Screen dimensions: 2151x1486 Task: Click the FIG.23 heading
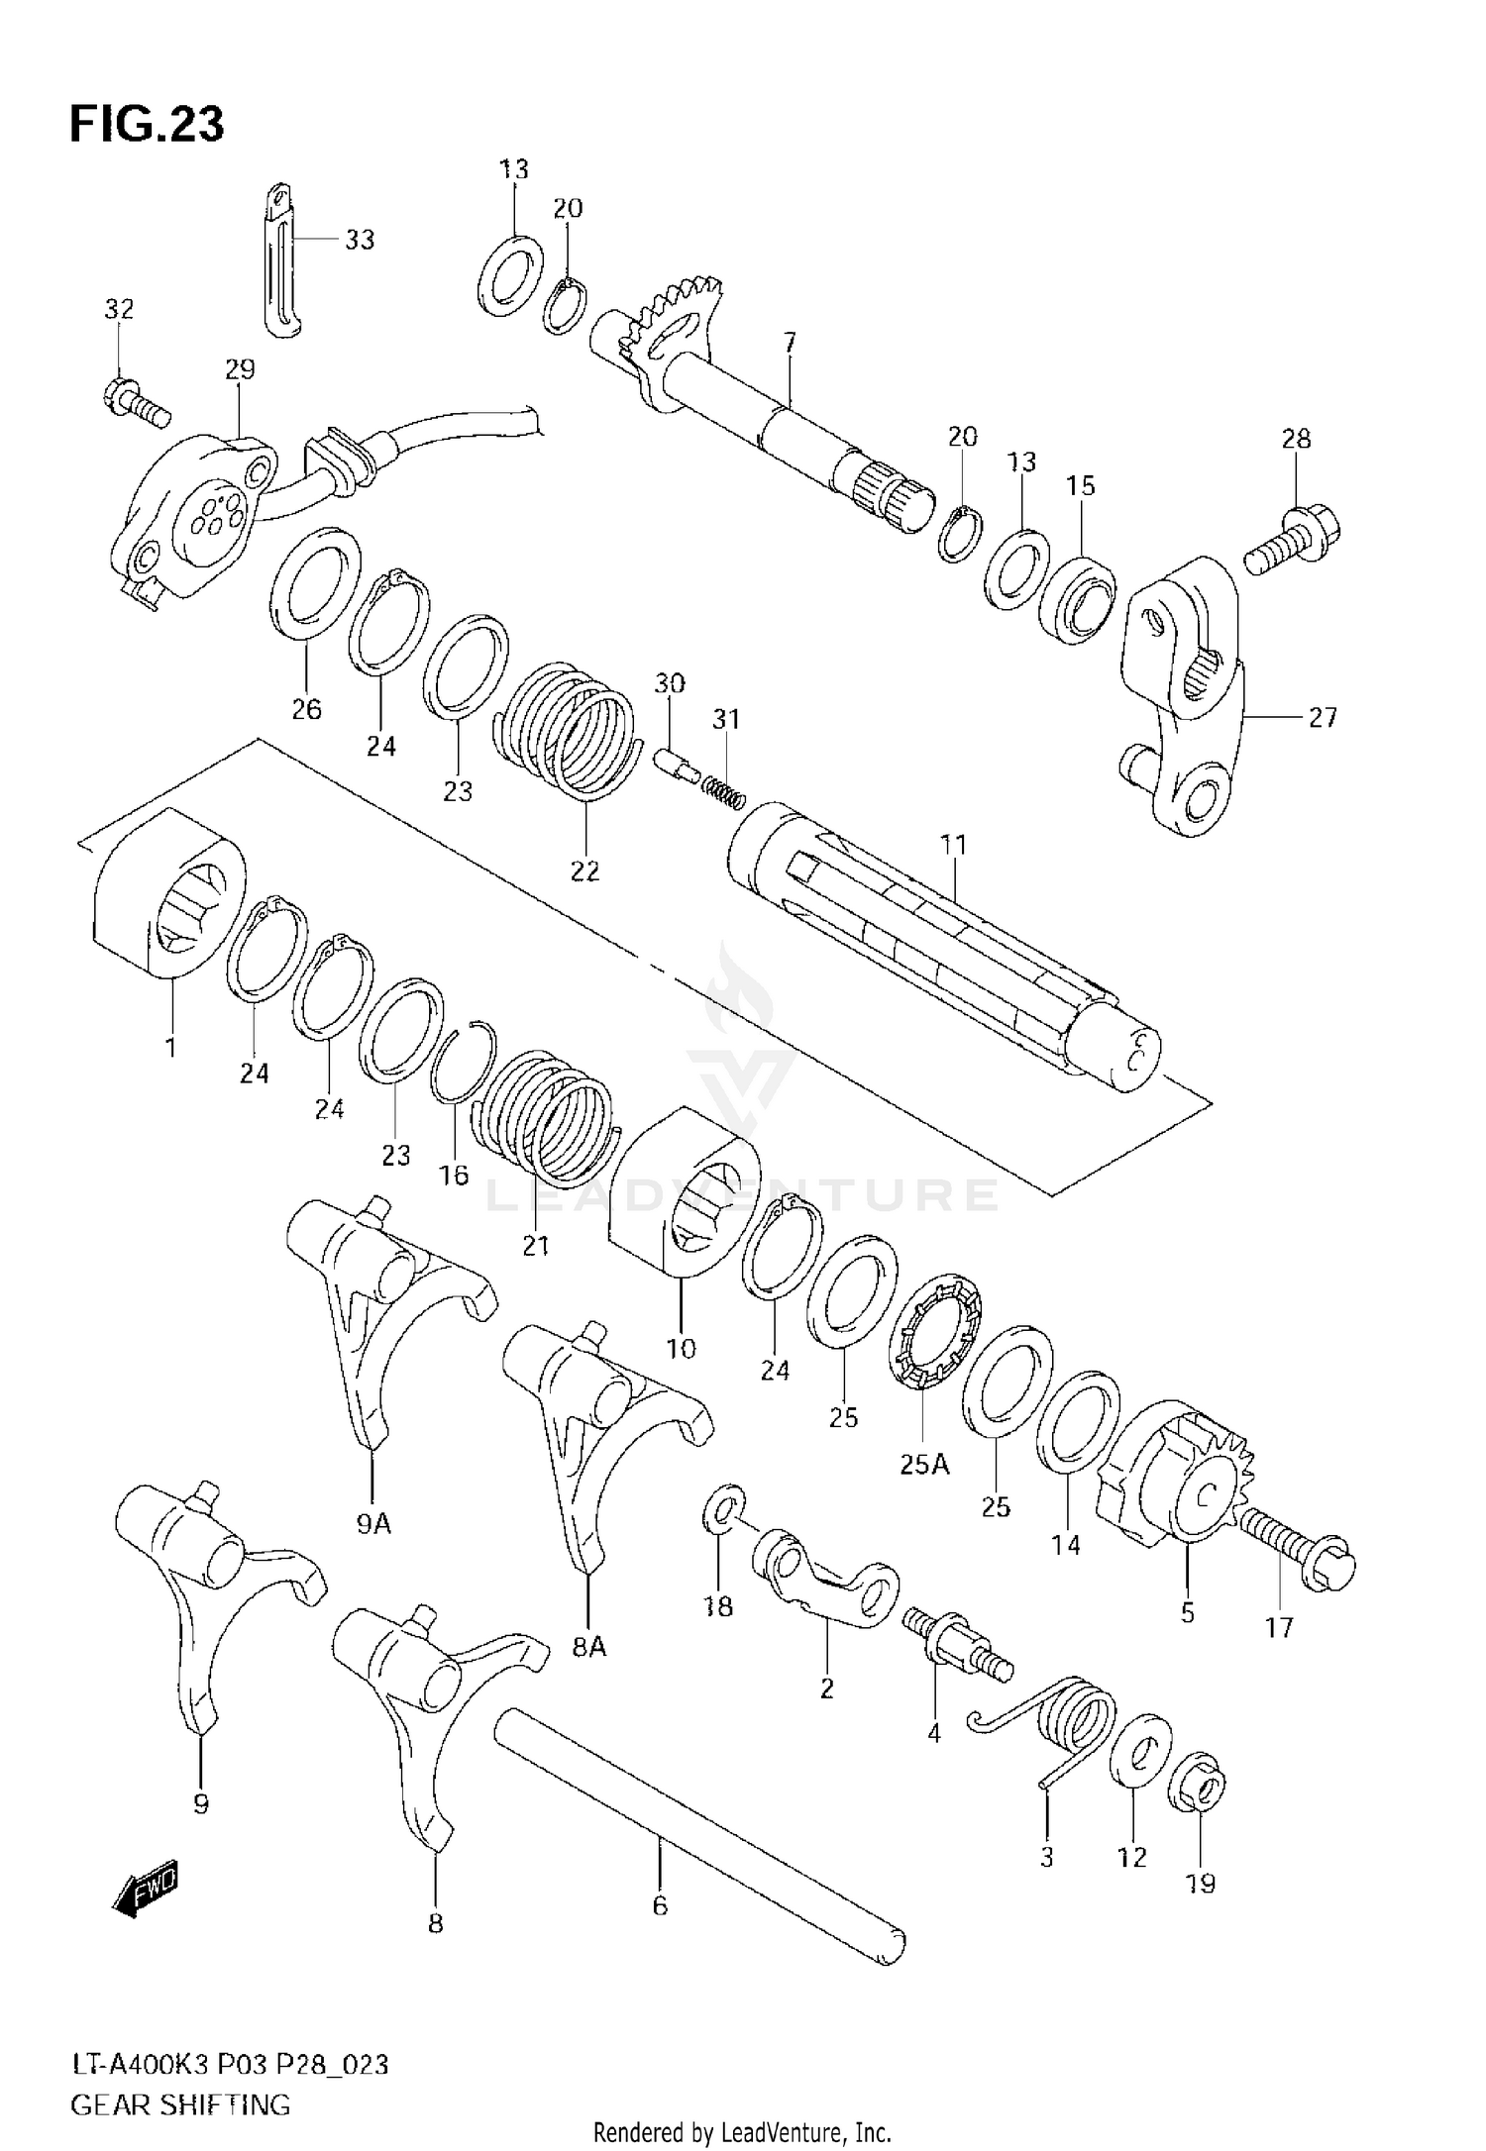tap(147, 126)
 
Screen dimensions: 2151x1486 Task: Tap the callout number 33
tap(360, 239)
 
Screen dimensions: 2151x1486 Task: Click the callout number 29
tap(240, 369)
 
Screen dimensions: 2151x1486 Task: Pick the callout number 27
tap(1324, 717)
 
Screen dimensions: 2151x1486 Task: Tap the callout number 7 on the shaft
tap(789, 344)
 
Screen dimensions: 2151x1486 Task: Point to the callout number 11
tap(953, 844)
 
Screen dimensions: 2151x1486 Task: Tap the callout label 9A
tap(374, 1524)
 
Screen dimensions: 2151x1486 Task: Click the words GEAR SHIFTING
tap(180, 2103)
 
